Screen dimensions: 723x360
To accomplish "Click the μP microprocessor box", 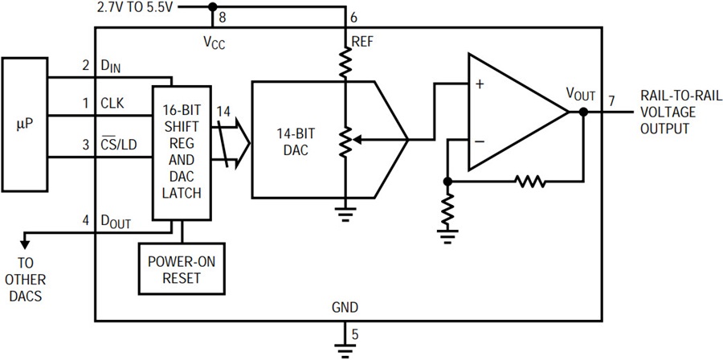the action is click(24, 125).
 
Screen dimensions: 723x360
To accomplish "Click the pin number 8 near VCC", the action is click(223, 18).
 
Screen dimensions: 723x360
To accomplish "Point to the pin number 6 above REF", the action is click(353, 18).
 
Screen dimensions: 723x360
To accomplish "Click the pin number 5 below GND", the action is click(354, 334).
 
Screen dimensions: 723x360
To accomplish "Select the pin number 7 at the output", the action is click(611, 100).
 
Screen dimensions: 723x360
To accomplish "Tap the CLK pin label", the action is click(112, 104).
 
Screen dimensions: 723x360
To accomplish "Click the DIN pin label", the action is click(110, 67).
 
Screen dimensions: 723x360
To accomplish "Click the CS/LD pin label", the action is click(118, 145).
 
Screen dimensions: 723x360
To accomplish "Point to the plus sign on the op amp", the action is click(480, 85).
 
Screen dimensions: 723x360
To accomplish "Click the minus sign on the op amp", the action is click(480, 141).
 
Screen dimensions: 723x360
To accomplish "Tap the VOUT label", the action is click(582, 96).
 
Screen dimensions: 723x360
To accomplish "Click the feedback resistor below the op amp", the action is click(530, 182).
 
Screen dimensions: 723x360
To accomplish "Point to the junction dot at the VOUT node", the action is click(584, 112).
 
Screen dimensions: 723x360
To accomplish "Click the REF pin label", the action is click(363, 43).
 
